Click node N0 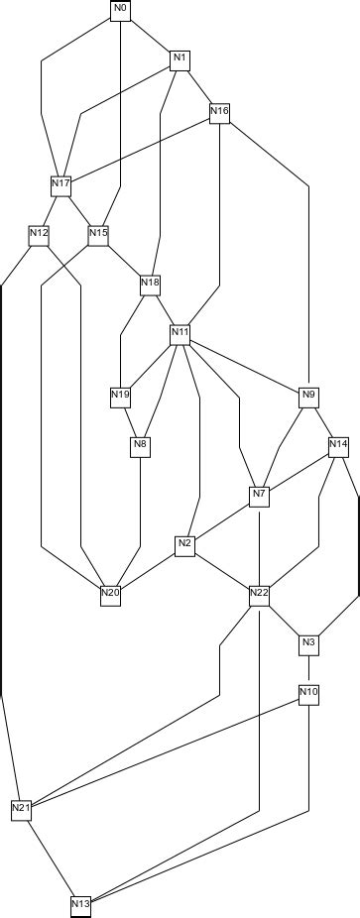pyautogui.click(x=120, y=10)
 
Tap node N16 pyautogui.click(x=219, y=112)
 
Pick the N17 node pyautogui.click(x=60, y=184)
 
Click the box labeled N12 pyautogui.click(x=40, y=234)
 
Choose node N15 pyautogui.click(x=98, y=234)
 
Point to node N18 pyautogui.click(x=150, y=284)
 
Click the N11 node pyautogui.click(x=180, y=333)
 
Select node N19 pyautogui.click(x=120, y=396)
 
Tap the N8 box pyautogui.click(x=140, y=445)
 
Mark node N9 pyautogui.click(x=308, y=396)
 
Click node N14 pyautogui.click(x=338, y=445)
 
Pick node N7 pyautogui.click(x=259, y=495)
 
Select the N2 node pyautogui.click(x=184, y=544)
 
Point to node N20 pyautogui.click(x=110, y=594)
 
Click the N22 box pyautogui.click(x=259, y=594)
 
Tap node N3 pyautogui.click(x=308, y=643)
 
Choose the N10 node pyautogui.click(x=308, y=691)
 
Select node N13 pyautogui.click(x=80, y=904)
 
